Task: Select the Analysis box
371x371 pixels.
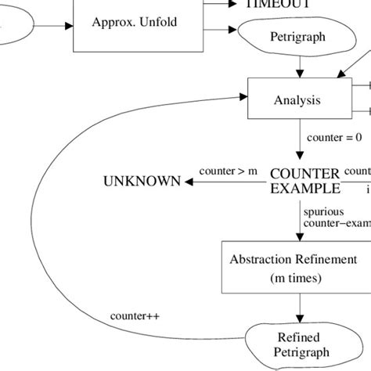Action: (297, 101)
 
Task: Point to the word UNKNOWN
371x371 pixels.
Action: (142, 181)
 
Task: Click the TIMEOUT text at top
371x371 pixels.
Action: (278, 4)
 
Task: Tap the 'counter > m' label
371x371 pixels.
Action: (228, 171)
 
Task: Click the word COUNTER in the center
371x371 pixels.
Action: (304, 173)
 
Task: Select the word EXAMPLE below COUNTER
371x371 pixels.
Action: (304, 188)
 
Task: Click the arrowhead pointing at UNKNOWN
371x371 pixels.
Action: (189, 181)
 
